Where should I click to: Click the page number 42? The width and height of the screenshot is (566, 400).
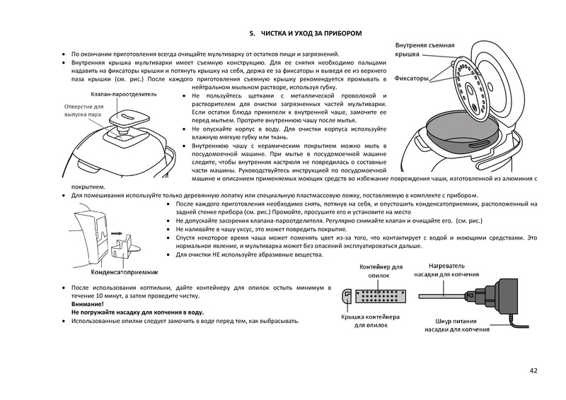coord(533,370)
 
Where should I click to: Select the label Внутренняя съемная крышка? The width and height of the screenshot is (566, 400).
coord(424,49)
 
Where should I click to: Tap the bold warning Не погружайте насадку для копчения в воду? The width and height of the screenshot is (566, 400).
coord(137,312)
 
